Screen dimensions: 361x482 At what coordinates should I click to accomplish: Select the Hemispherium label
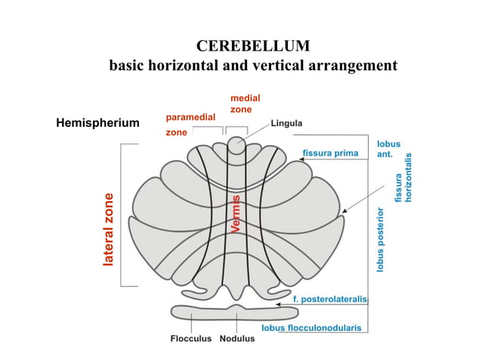pyautogui.click(x=97, y=123)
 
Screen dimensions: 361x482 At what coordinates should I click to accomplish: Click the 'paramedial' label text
pyautogui.click(x=190, y=117)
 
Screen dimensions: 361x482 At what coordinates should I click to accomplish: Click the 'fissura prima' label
pyautogui.click(x=330, y=153)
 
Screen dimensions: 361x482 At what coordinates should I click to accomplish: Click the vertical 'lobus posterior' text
pyautogui.click(x=382, y=239)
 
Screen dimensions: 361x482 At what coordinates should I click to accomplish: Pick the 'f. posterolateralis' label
pyautogui.click(x=329, y=299)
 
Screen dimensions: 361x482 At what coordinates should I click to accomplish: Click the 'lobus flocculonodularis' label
pyautogui.click(x=311, y=329)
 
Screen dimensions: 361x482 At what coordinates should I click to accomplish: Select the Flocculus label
pyautogui.click(x=190, y=338)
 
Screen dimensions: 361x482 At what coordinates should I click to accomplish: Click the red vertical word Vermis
pyautogui.click(x=236, y=214)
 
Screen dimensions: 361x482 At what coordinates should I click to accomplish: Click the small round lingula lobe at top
pyautogui.click(x=238, y=146)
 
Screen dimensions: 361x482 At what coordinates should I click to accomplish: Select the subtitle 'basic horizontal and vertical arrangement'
pyautogui.click(x=253, y=66)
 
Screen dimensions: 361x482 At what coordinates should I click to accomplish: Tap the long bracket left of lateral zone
pyautogui.click(x=122, y=215)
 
